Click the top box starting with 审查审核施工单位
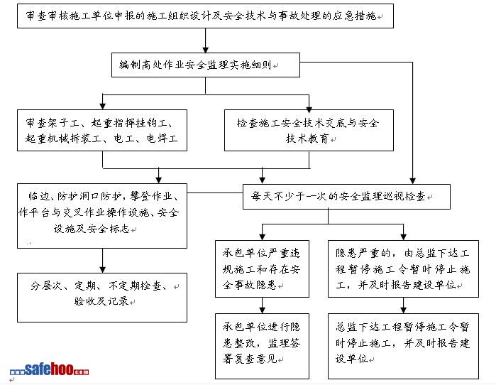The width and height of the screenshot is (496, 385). tap(206, 16)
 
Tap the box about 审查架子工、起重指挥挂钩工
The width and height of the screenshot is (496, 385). tap(104, 129)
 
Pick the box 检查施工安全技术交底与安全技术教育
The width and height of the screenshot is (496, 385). tap(309, 129)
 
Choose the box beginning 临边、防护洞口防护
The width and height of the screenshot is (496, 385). tap(104, 211)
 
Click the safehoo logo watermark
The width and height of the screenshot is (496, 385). tap(49, 369)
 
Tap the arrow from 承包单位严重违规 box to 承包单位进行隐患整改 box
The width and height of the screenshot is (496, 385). tap(263, 304)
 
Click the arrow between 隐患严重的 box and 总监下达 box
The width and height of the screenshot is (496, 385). tap(404, 304)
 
